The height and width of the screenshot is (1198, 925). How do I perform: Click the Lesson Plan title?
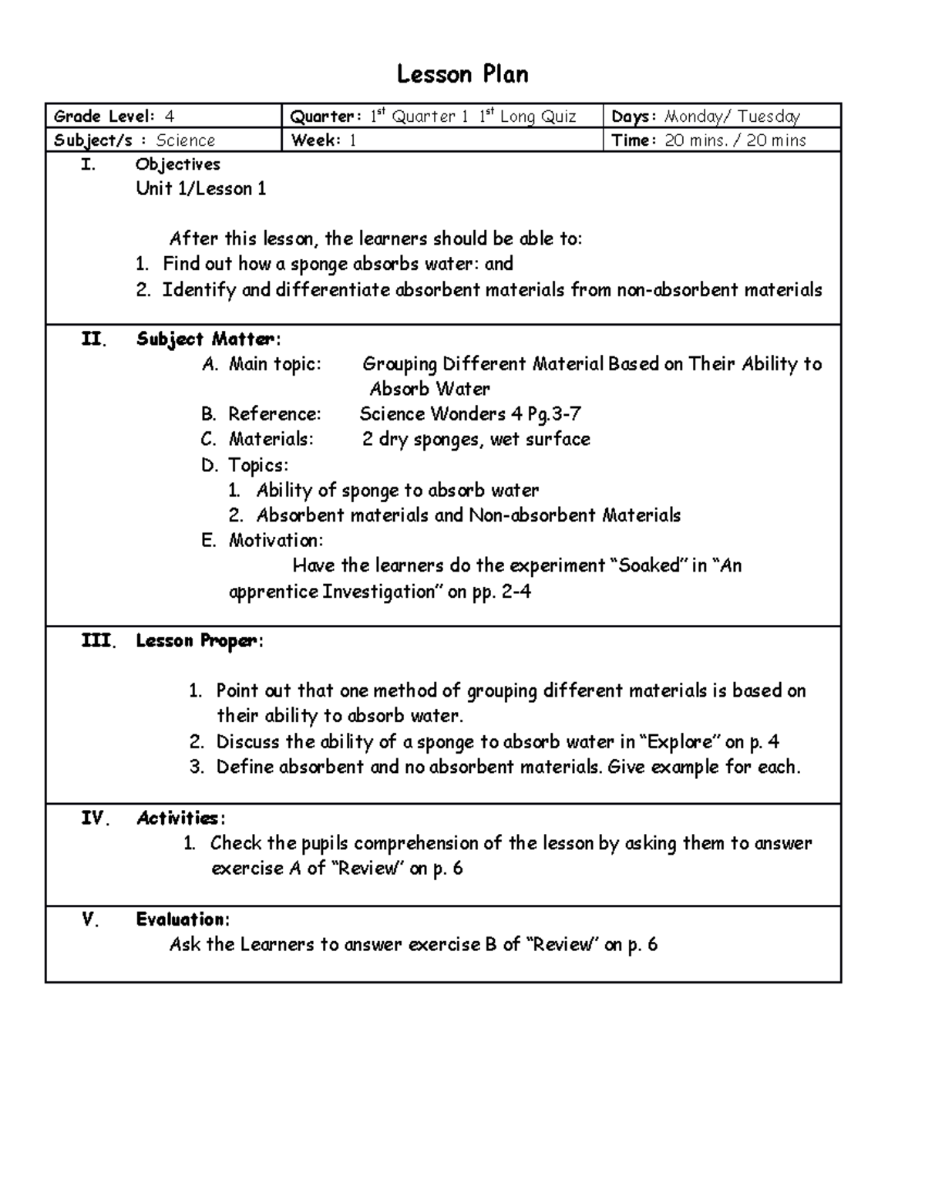(x=462, y=75)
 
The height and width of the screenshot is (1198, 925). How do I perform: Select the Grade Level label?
(x=103, y=116)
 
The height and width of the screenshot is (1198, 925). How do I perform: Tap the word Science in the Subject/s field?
(x=186, y=140)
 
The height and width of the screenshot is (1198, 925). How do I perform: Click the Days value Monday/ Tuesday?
(x=732, y=116)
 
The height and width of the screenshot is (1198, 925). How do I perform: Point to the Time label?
(x=634, y=140)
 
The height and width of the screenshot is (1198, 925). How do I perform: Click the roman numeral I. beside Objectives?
(x=89, y=164)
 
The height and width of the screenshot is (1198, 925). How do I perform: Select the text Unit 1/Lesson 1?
(x=201, y=189)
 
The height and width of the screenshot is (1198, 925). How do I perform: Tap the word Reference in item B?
(x=274, y=414)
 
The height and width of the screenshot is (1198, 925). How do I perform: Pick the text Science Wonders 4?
(x=441, y=414)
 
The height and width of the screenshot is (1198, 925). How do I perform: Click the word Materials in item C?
(x=271, y=440)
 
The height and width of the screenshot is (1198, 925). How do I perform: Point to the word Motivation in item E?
(x=275, y=540)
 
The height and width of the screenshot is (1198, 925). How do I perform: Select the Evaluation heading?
(x=182, y=920)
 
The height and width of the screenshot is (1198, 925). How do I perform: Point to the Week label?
(x=315, y=140)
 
